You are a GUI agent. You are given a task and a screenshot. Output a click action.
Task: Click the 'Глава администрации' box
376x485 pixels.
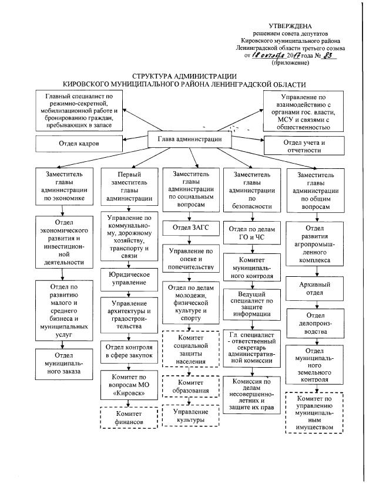(x=189, y=139)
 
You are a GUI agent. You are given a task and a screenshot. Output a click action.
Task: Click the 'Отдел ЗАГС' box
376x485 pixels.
(x=187, y=228)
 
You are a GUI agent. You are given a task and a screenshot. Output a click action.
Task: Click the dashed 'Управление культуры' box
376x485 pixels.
(x=186, y=416)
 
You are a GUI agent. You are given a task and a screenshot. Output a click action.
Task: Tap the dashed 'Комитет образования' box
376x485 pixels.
(x=186, y=387)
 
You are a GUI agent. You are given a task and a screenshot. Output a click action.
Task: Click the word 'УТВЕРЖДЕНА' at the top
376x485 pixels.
(x=290, y=26)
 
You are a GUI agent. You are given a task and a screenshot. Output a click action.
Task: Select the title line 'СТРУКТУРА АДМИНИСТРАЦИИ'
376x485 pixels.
(x=184, y=77)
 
